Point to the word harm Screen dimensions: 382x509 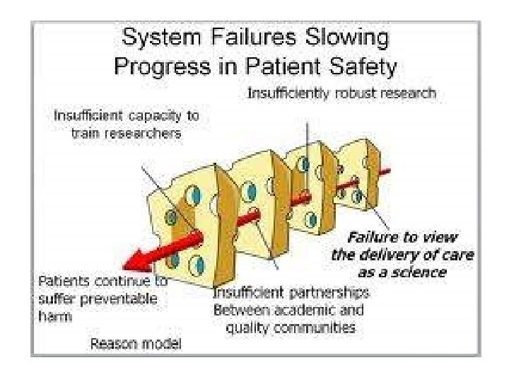tap(53, 316)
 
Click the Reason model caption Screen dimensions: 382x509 tap(135, 345)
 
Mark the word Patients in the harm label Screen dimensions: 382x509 tap(62, 280)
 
